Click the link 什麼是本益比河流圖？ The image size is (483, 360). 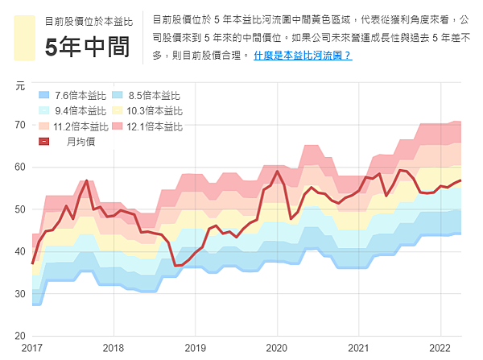click(x=302, y=56)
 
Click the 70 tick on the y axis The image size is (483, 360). click(x=19, y=125)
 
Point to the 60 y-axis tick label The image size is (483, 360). click(x=19, y=167)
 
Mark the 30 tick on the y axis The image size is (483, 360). click(x=19, y=293)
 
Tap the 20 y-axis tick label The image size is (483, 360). click(x=19, y=335)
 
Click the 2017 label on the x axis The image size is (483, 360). click(x=32, y=348)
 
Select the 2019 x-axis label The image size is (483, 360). click(x=196, y=348)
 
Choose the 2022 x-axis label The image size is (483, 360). click(x=441, y=348)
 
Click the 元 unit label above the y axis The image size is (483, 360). click(x=20, y=85)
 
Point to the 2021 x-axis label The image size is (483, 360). click(x=359, y=348)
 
